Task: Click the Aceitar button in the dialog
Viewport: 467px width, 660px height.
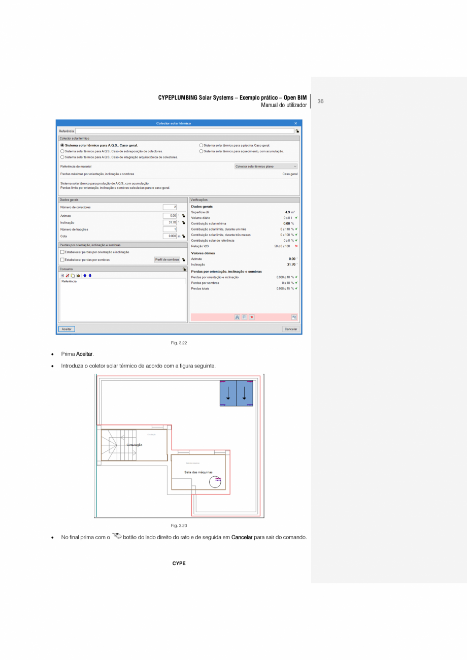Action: pyautogui.click(x=66, y=329)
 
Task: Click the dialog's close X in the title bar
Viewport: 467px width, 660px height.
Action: pyautogui.click(x=296, y=123)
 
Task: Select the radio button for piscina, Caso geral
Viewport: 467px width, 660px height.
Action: pyautogui.click(x=201, y=146)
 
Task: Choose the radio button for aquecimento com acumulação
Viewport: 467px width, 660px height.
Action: pyautogui.click(x=201, y=151)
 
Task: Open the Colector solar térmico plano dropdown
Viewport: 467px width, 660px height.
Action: pyautogui.click(x=266, y=167)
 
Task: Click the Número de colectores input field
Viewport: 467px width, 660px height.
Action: pyautogui.click(x=170, y=207)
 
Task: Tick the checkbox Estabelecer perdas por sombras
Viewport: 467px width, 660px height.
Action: pyautogui.click(x=62, y=259)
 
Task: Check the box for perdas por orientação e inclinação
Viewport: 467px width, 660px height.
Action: pyautogui.click(x=62, y=252)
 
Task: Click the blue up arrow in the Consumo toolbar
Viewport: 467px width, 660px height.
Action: pyautogui.click(x=85, y=276)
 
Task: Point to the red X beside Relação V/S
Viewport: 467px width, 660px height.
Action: pyautogui.click(x=296, y=246)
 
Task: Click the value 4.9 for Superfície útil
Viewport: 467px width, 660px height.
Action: pyautogui.click(x=288, y=212)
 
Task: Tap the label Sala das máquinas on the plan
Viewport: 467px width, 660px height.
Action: pyautogui.click(x=198, y=472)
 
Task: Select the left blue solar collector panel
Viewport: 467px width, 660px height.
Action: pyautogui.click(x=228, y=393)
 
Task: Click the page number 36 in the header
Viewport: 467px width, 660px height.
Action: pyautogui.click(x=320, y=102)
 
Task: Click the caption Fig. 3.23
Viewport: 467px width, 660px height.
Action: pyautogui.click(x=179, y=525)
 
